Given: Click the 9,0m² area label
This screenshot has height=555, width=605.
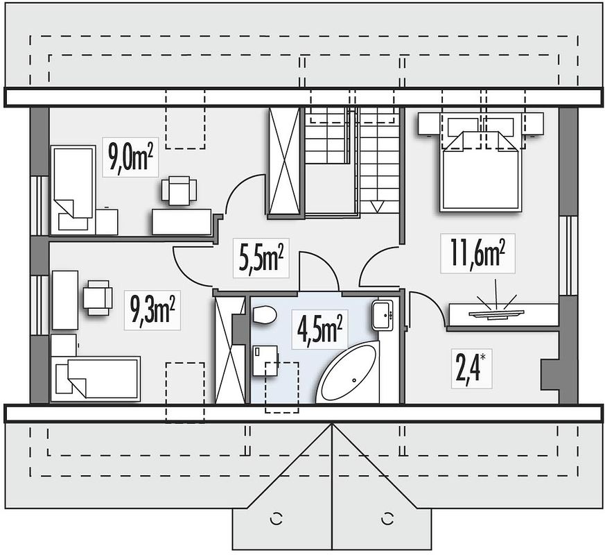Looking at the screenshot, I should (x=131, y=157).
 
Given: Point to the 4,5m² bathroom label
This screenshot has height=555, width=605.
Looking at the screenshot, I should (x=319, y=328).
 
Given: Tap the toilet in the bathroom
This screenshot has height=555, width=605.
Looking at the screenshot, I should (x=264, y=316).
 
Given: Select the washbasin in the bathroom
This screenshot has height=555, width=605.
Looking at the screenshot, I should (x=383, y=316).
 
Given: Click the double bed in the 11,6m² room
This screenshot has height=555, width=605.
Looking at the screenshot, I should (x=479, y=170).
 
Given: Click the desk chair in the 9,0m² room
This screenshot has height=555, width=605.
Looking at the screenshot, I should (x=179, y=191).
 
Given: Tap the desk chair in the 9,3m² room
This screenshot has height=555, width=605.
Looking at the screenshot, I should (x=97, y=297).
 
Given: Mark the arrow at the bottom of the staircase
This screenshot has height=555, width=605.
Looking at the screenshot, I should (x=378, y=206).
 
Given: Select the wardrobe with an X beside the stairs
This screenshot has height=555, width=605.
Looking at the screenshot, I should (x=284, y=162).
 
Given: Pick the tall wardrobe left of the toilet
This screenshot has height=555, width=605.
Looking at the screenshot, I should (x=229, y=350).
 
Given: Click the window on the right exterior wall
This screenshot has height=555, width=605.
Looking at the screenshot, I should (x=568, y=255).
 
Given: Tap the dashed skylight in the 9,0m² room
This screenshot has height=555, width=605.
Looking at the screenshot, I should (x=184, y=128).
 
